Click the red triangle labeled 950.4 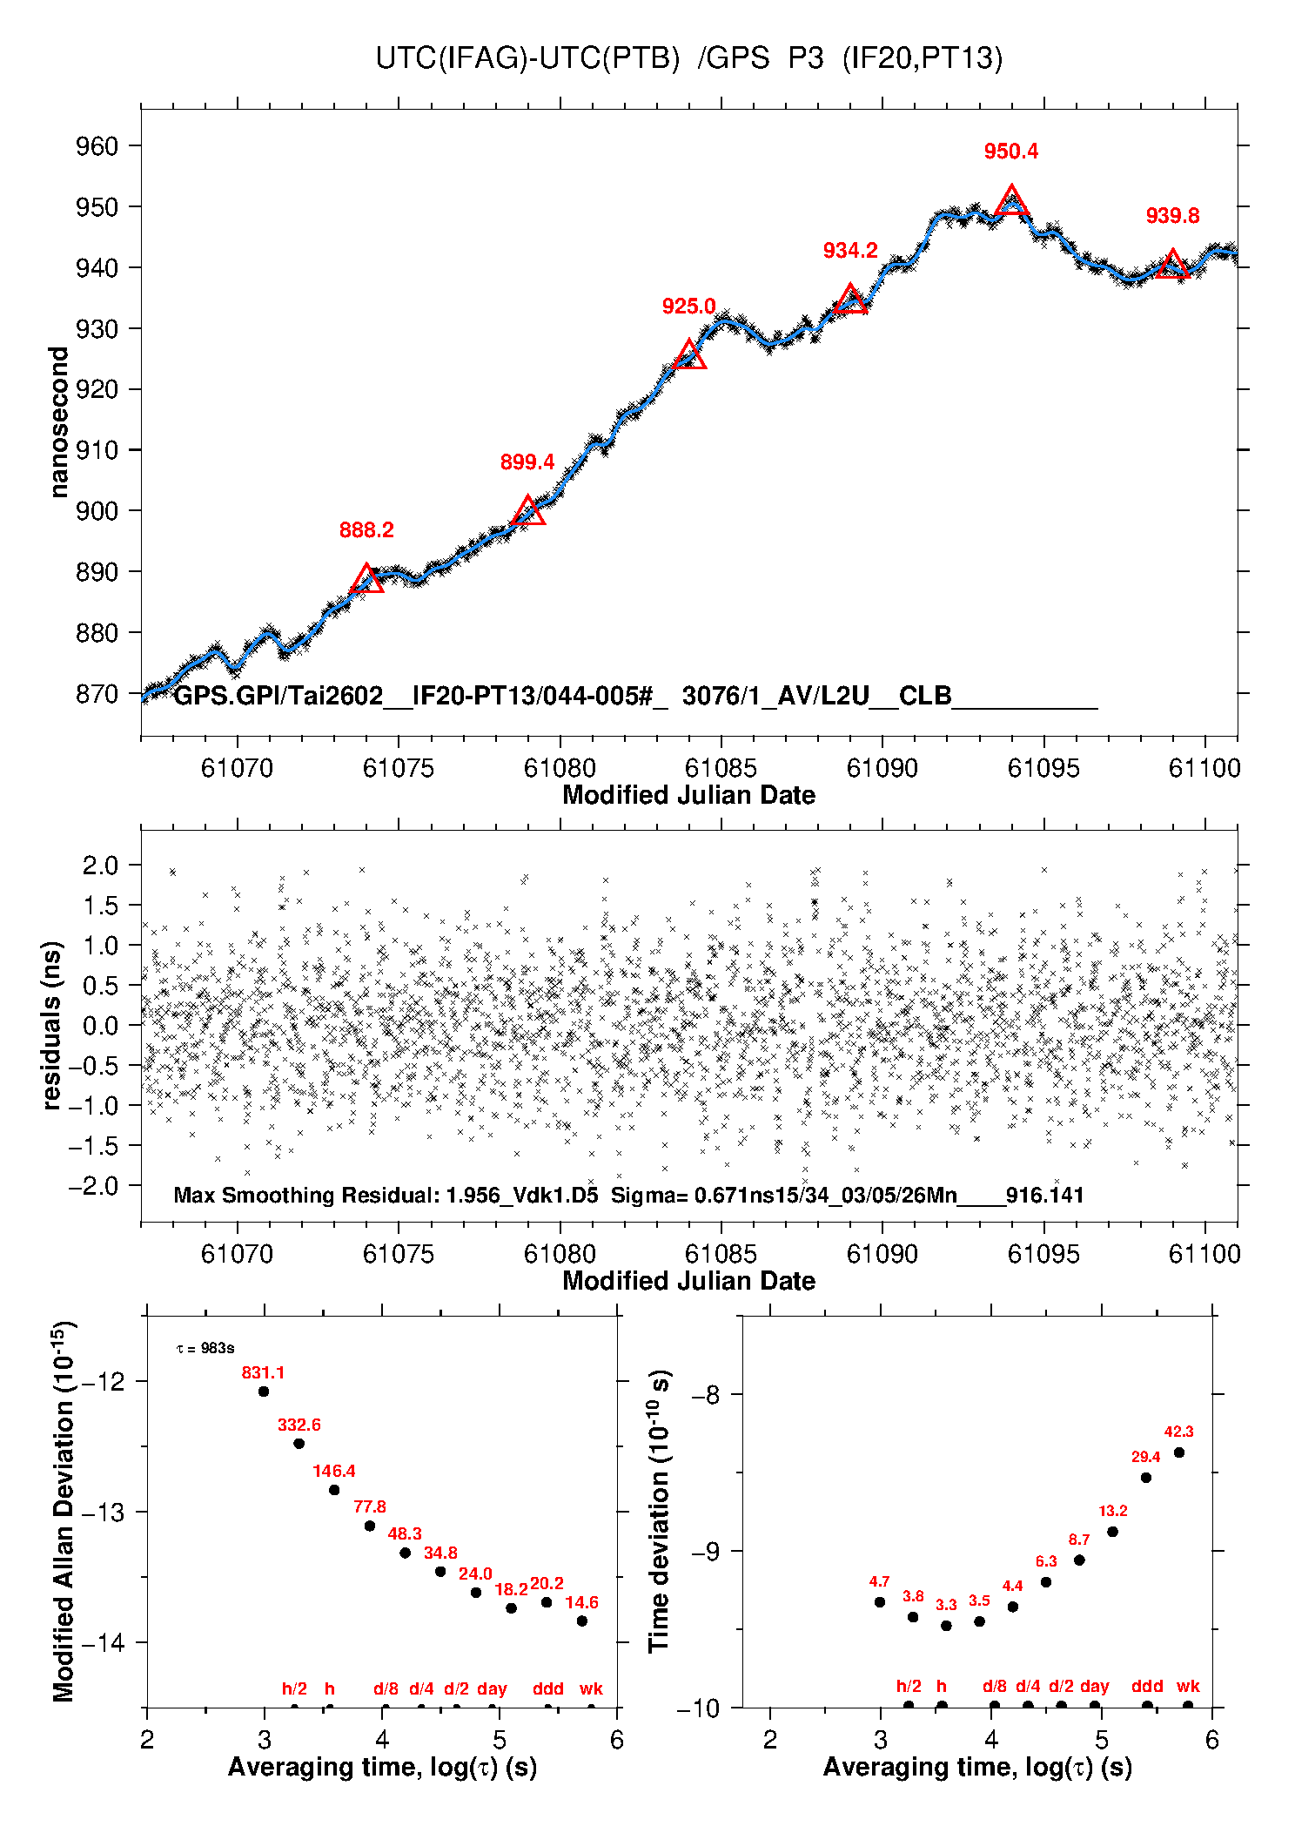coord(1011,202)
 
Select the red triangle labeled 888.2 coord(366,580)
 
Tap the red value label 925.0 coord(688,307)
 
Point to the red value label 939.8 coord(1172,216)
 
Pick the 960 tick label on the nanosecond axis coord(97,146)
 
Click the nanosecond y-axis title coord(58,421)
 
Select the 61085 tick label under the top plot coord(721,768)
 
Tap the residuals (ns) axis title coord(52,1025)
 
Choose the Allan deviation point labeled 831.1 coord(264,1392)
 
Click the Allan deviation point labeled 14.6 coord(582,1621)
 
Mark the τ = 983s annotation coord(205,1349)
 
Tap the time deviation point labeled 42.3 coord(1179,1452)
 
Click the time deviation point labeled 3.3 coord(946,1626)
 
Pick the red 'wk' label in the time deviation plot coord(1188,1686)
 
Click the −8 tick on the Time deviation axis coord(704,1395)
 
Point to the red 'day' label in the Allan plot coord(492,1688)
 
